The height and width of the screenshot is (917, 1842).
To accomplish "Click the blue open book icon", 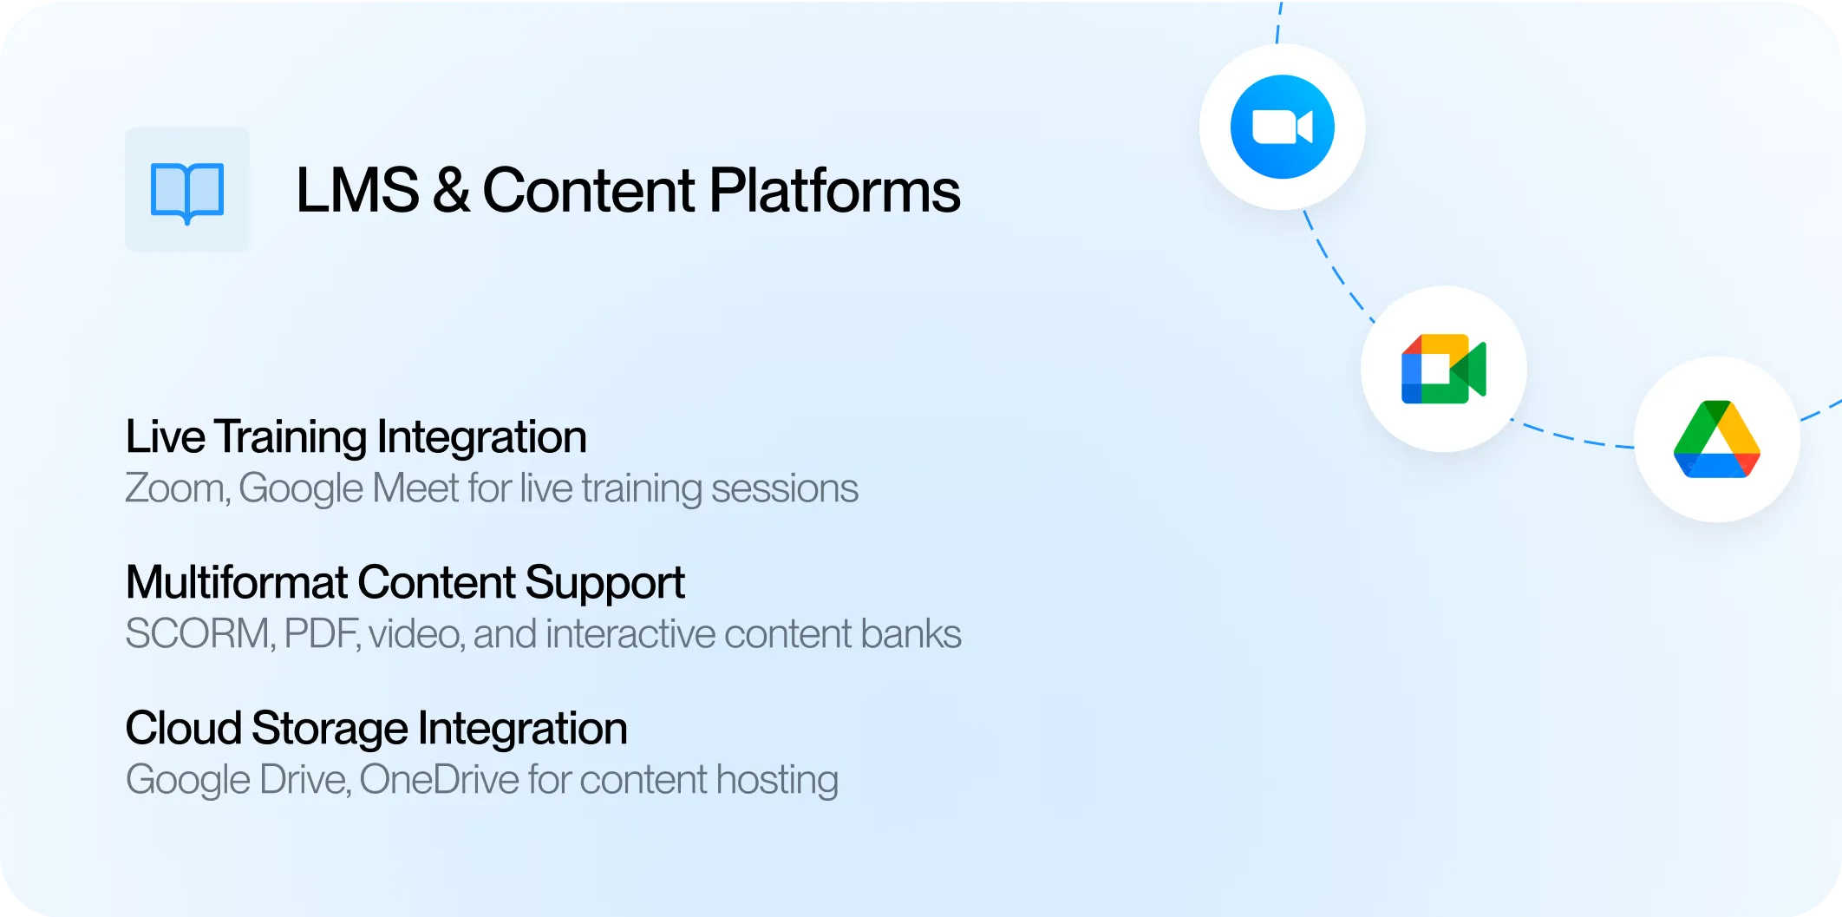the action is [x=187, y=192].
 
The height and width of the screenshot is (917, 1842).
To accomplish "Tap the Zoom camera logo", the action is [x=1282, y=127].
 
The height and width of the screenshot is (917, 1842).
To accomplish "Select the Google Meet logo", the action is [x=1444, y=369].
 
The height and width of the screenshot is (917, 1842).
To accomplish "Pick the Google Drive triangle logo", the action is [x=1717, y=439].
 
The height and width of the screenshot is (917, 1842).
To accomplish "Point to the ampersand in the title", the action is [x=452, y=190].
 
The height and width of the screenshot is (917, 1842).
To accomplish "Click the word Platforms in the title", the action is [x=835, y=190].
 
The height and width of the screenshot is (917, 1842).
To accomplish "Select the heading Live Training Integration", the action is [x=356, y=437].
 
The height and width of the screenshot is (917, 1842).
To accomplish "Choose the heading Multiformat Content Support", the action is [x=405, y=583].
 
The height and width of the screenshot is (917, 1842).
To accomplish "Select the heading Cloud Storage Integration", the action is [x=376, y=729].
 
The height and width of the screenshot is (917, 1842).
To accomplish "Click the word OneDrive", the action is [x=440, y=780].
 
